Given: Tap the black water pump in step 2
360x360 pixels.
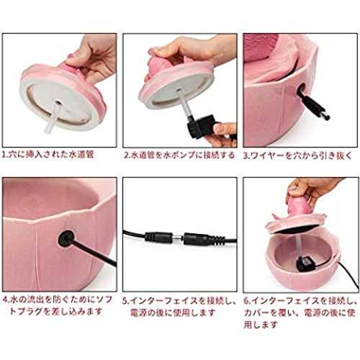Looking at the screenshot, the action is click(x=200, y=126).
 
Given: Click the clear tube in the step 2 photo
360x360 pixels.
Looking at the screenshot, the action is click(x=183, y=102).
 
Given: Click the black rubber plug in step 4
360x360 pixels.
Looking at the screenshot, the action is click(x=66, y=238).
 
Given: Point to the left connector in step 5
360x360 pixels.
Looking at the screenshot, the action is click(x=158, y=238).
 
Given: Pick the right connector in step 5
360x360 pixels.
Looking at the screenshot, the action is click(x=204, y=239).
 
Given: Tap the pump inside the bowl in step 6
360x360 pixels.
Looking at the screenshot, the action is click(x=307, y=264).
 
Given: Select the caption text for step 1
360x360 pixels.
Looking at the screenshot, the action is click(x=48, y=154).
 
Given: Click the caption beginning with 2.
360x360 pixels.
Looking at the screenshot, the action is click(x=179, y=155).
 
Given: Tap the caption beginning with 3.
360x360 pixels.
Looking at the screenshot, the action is click(x=297, y=156).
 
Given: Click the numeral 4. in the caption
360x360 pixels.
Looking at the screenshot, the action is click(x=6, y=300).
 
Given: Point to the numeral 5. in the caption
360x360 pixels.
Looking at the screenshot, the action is click(x=127, y=301).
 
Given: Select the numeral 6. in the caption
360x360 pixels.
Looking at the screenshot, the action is click(x=248, y=301).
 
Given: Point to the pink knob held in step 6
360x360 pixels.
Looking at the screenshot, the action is click(x=299, y=204).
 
